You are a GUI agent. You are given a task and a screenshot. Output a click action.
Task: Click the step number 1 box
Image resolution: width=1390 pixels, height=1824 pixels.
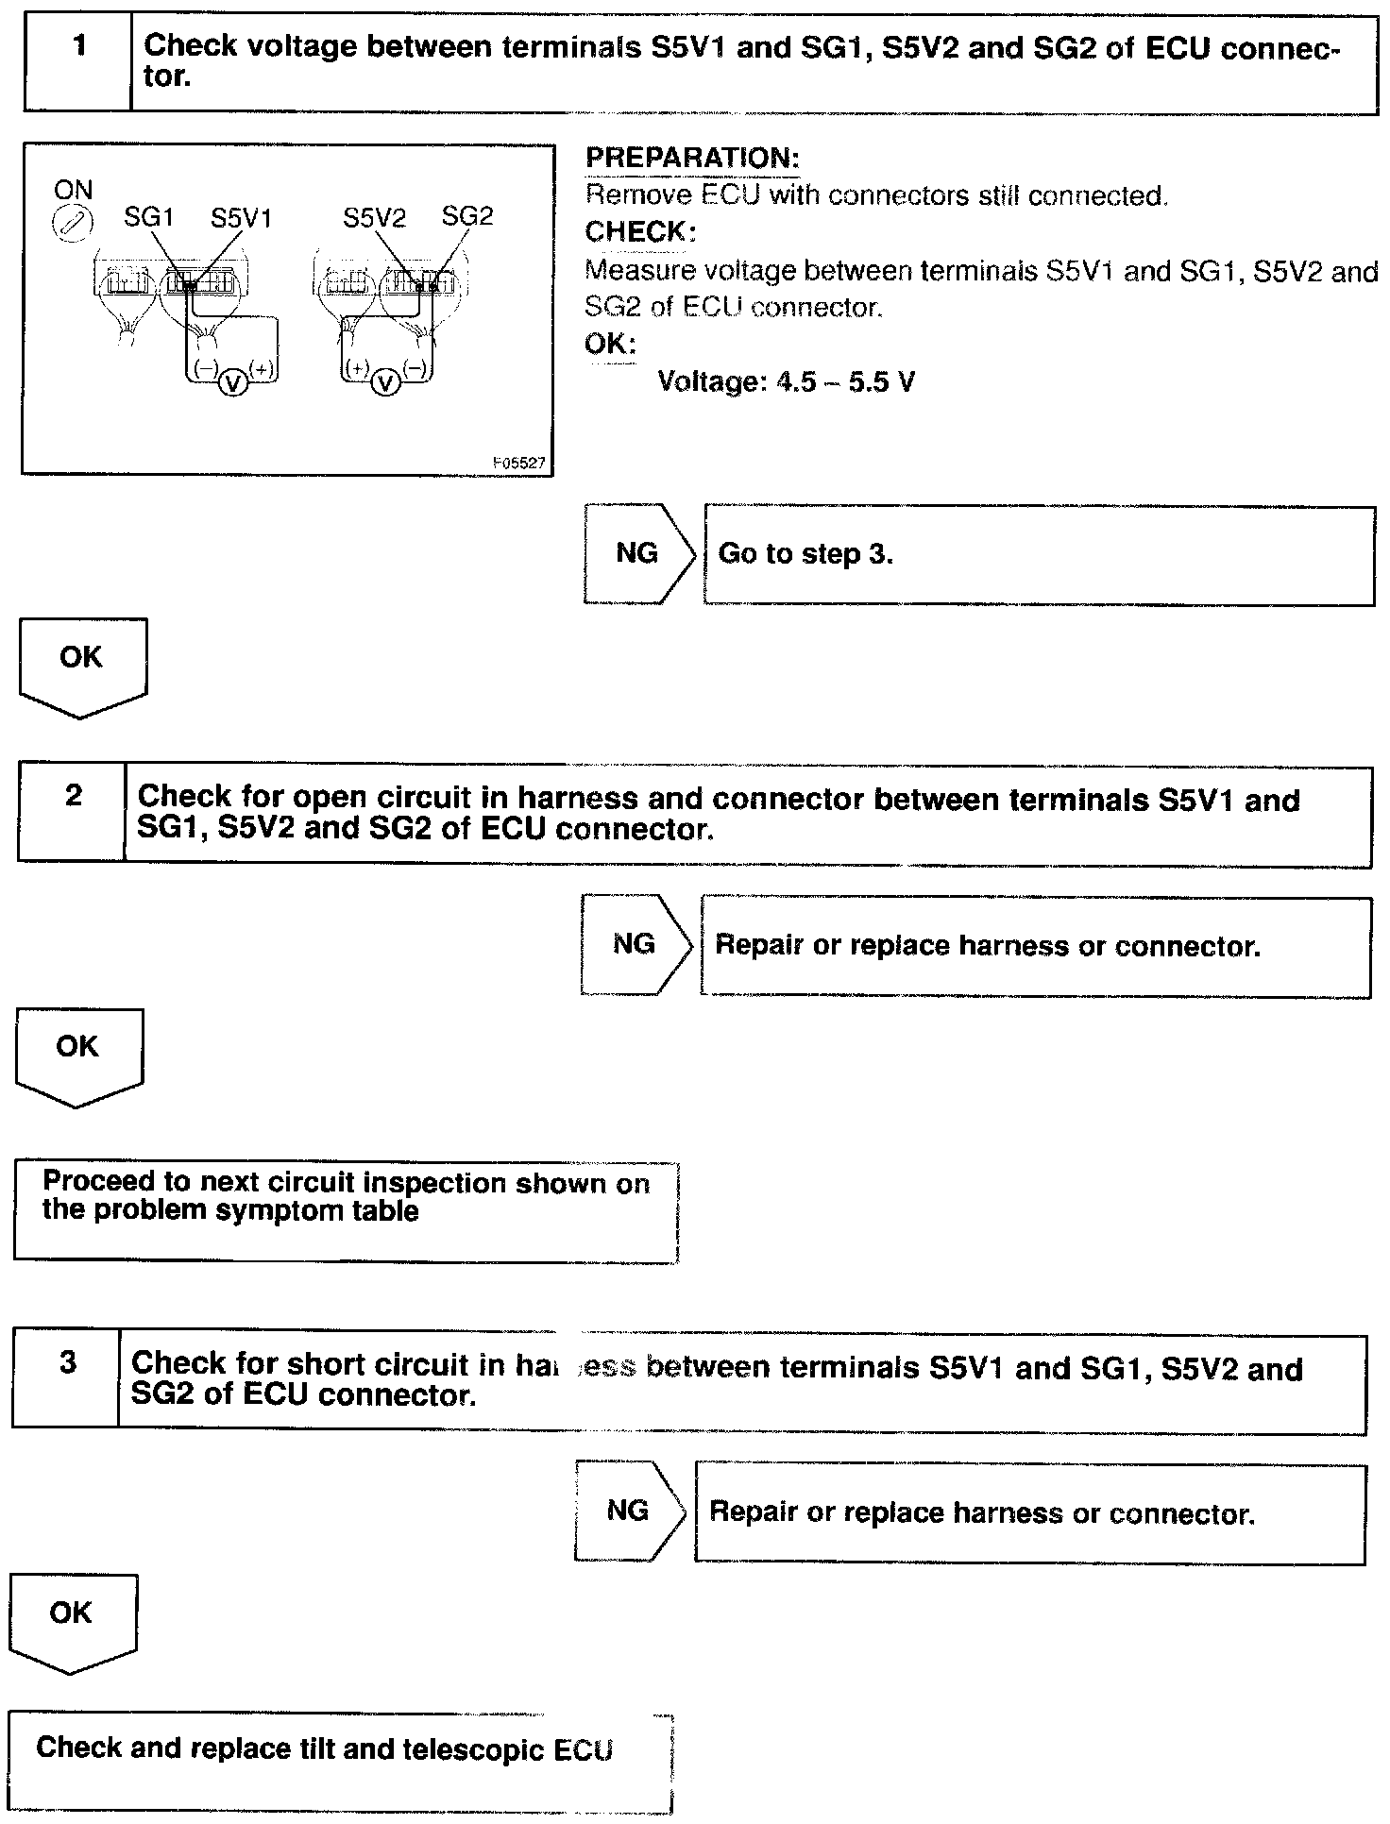point(78,61)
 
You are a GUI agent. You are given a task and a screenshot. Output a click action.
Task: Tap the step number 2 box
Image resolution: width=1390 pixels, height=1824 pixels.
point(73,813)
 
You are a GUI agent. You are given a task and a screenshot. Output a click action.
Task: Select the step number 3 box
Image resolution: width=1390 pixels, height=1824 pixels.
point(67,1379)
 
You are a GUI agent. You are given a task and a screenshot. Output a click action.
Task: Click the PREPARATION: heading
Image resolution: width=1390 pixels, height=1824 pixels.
point(692,159)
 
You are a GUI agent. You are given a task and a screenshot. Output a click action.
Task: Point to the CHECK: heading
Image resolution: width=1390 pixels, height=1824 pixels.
point(640,232)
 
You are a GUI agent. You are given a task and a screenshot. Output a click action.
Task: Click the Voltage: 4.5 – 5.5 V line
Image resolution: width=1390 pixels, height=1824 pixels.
point(786,382)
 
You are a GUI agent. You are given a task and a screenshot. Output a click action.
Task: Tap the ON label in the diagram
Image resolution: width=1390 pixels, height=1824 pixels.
point(74,191)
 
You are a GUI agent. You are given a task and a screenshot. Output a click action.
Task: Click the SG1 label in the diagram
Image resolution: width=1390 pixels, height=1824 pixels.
point(148,218)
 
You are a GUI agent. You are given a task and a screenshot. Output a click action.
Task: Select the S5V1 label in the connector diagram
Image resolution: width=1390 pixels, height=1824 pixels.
point(241,219)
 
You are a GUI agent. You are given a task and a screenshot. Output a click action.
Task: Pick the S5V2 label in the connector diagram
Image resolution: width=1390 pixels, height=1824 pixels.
point(374,219)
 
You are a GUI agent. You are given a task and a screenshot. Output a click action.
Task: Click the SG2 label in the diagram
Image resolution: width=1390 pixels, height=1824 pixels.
point(467,216)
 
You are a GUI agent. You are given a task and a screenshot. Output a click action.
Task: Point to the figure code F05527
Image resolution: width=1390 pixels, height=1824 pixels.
point(518,464)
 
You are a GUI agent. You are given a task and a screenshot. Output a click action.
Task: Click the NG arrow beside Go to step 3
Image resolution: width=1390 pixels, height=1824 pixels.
point(637,554)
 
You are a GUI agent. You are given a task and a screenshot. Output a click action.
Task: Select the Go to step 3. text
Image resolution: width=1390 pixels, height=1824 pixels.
point(805,554)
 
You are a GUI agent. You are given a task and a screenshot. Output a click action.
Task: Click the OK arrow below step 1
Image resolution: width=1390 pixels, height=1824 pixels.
point(81,664)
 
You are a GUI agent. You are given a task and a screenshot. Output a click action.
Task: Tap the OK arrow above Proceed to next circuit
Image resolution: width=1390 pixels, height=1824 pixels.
point(78,1053)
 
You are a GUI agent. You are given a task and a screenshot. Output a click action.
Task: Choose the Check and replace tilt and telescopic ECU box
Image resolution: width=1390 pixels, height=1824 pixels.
point(341,1763)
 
